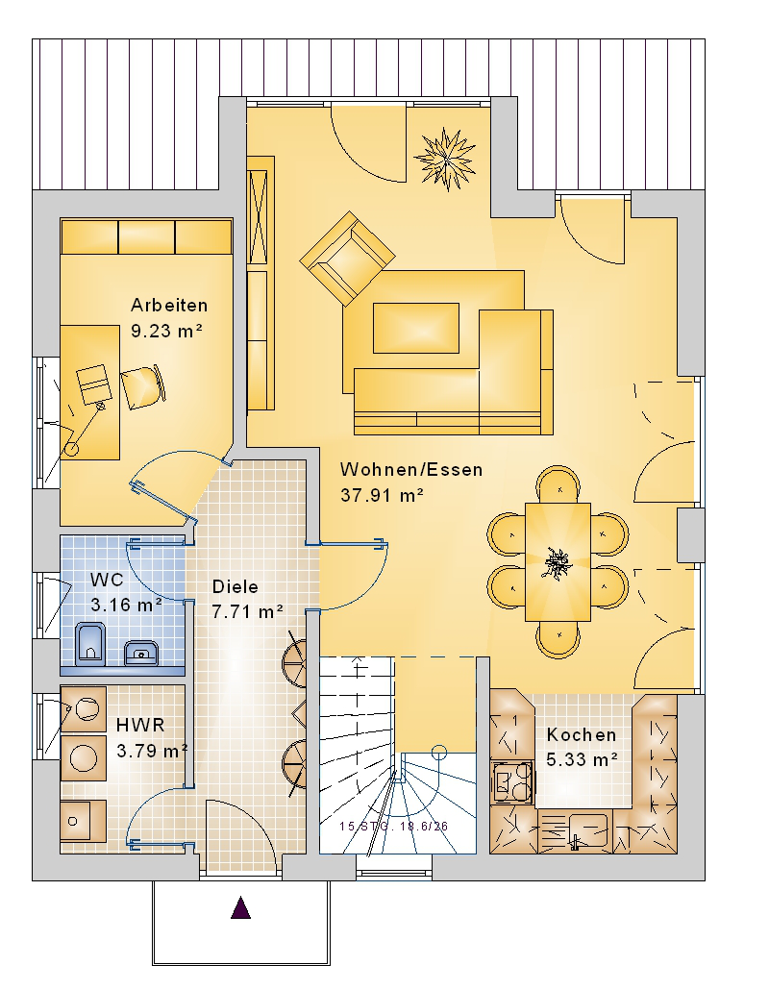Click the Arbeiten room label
point(169,306)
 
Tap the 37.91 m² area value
point(382,496)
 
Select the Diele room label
point(236,586)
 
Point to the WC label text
point(107,580)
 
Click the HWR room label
point(140,725)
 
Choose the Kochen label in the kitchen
point(582,735)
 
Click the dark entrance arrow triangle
point(240,908)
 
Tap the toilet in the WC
point(90,644)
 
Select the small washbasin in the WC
point(140,653)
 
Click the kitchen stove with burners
point(512,782)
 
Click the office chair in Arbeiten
point(143,387)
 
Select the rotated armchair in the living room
point(347,259)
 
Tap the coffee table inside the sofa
point(416,328)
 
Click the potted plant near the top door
point(446,158)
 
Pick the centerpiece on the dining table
point(558,561)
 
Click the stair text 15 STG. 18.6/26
point(393,827)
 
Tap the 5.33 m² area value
point(582,760)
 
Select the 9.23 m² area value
point(166,331)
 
